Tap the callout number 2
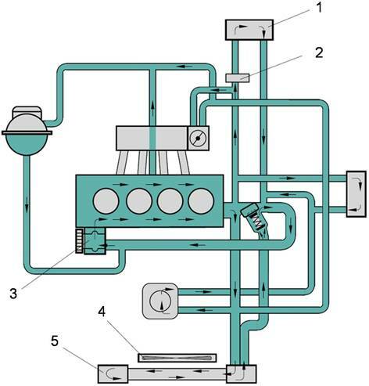[319, 52]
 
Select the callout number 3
[13, 293]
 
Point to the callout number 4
[102, 312]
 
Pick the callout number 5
[55, 341]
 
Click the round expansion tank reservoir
[27, 135]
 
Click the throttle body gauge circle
[198, 139]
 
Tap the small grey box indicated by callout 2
[237, 78]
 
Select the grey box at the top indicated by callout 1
[249, 30]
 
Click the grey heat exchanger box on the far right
[356, 194]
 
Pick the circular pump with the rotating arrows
[161, 301]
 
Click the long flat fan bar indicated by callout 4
[177, 358]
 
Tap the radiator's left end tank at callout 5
[113, 374]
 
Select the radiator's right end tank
[241, 374]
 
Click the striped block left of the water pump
[80, 240]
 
